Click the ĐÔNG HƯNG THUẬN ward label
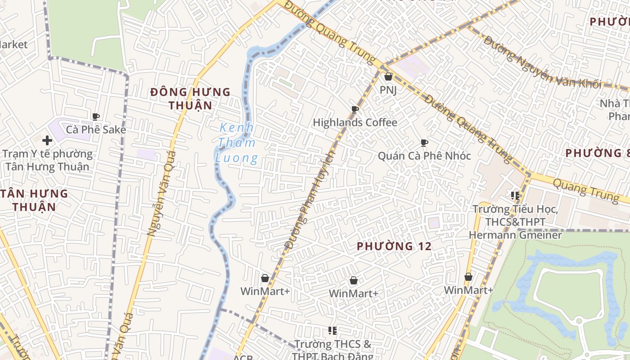click(x=190, y=99)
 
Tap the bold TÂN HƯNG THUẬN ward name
click(x=34, y=200)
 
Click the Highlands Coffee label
click(x=355, y=122)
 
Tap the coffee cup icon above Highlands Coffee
click(x=355, y=109)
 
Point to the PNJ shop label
click(x=388, y=90)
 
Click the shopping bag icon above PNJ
click(x=388, y=77)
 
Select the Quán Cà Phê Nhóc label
click(x=424, y=156)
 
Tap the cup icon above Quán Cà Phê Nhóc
click(x=424, y=143)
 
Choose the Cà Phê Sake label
click(x=96, y=130)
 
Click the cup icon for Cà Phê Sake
click(x=95, y=117)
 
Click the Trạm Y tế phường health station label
click(x=47, y=160)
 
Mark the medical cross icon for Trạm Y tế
click(x=47, y=140)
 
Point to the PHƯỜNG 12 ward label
click(x=394, y=246)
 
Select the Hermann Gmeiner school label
click(x=515, y=222)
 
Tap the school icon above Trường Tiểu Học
click(x=515, y=196)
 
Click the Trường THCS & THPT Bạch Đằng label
click(x=333, y=350)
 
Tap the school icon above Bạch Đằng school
click(x=333, y=331)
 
